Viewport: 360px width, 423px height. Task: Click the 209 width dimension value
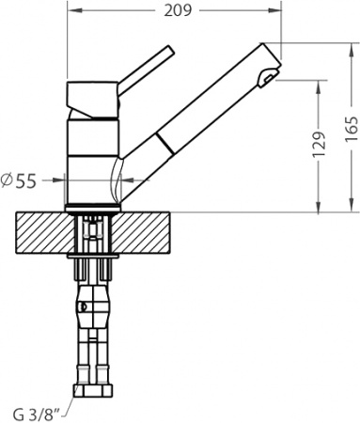(178, 11)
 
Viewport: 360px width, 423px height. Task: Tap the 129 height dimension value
(320, 145)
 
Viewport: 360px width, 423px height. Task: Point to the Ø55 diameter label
(19, 180)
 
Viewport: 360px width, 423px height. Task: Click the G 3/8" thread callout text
(37, 415)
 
